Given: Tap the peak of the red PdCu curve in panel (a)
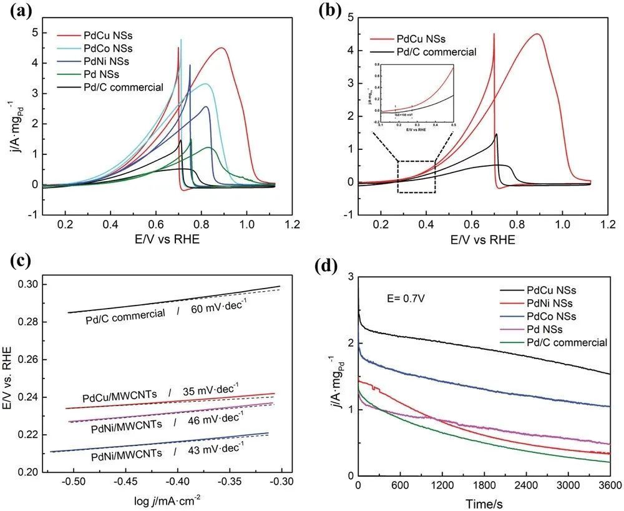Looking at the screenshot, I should coord(222,48).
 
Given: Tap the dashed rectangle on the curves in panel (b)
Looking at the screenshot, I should coord(416,177).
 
